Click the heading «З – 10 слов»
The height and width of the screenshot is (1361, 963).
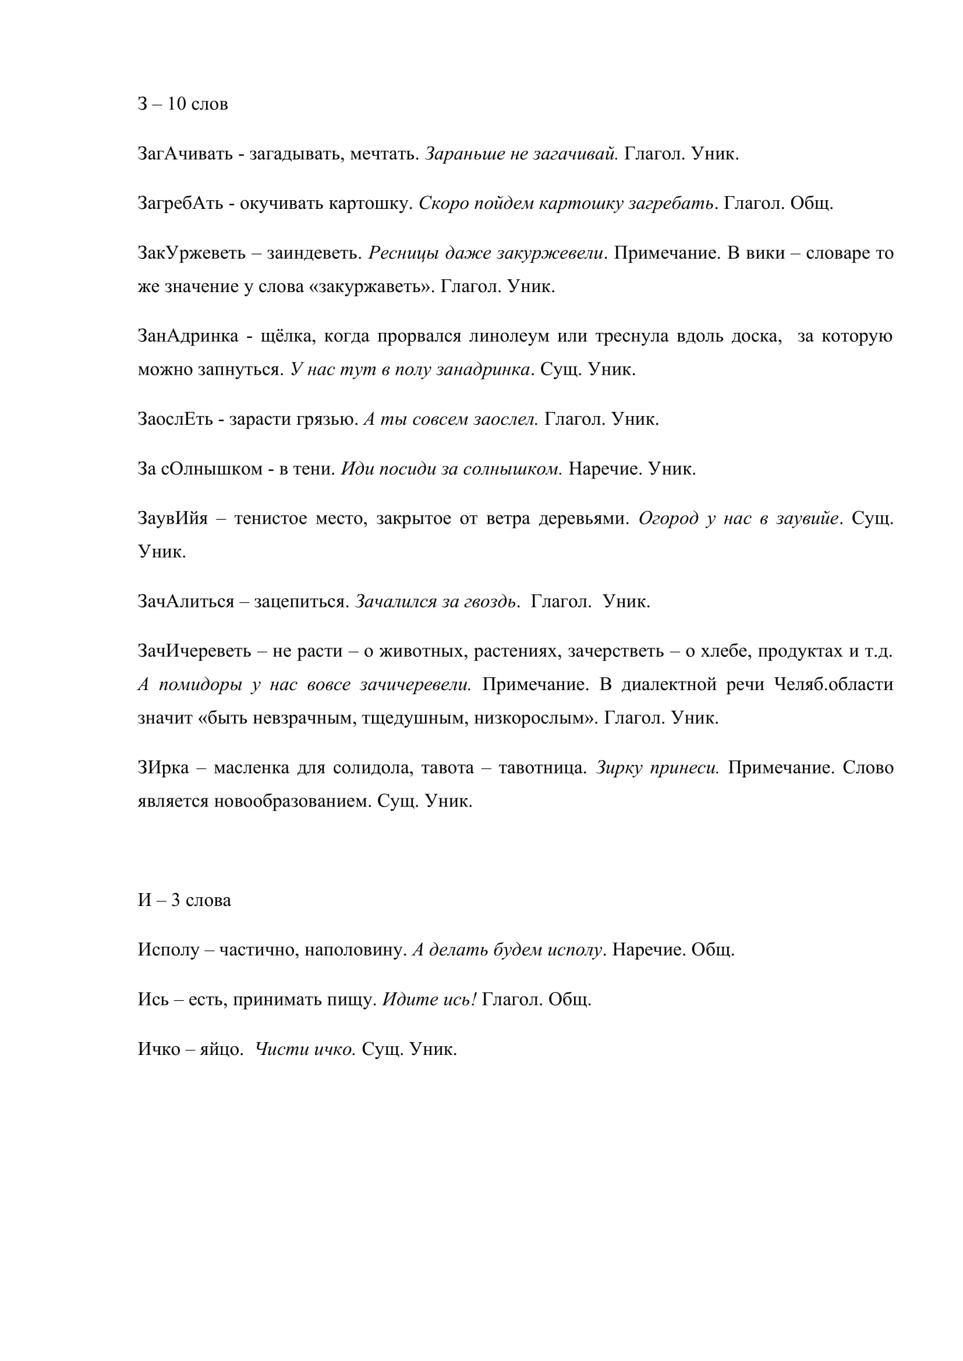coord(183,104)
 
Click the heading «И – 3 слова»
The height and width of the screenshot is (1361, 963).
coord(185,900)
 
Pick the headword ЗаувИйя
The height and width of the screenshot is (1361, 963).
coord(172,518)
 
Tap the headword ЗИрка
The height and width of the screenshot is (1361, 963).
coord(163,767)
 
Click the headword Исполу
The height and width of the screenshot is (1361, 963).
coord(168,950)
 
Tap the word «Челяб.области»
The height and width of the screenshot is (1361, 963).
coord(833,685)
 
